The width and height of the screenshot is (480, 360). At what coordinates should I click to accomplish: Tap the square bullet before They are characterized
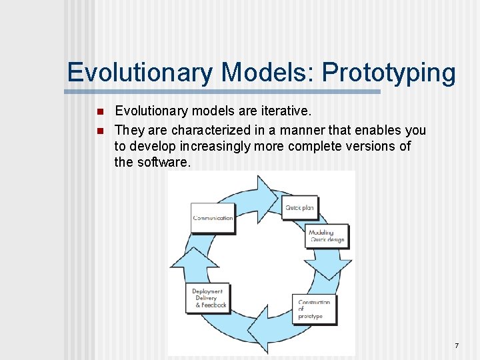[99, 130]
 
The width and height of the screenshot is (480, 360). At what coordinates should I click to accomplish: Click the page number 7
[457, 345]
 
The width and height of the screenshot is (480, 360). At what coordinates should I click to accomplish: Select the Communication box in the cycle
[213, 217]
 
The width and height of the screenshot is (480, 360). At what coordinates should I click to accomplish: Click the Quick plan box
[299, 207]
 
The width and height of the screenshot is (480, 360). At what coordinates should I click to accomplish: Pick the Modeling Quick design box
[326, 236]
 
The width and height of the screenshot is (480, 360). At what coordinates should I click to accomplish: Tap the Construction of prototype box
[314, 309]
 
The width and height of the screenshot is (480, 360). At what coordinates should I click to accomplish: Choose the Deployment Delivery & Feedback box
[209, 298]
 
